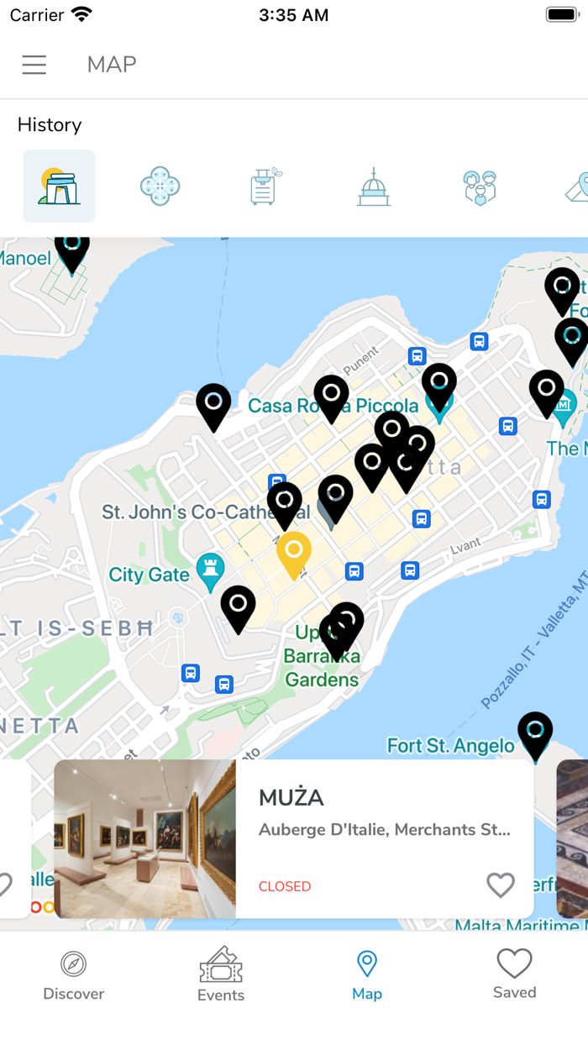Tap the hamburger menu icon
tap(34, 65)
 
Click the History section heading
tap(50, 125)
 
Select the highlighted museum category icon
tap(59, 186)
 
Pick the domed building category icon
tap(373, 186)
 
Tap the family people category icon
tap(480, 186)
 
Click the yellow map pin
tap(294, 553)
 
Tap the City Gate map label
tap(150, 575)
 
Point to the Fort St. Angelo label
tap(450, 746)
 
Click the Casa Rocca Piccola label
tap(333, 407)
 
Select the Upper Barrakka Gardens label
tap(322, 656)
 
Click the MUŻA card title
tap(291, 797)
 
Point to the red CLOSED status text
tap(285, 886)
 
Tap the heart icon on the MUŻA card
tap(501, 885)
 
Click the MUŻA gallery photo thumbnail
tap(144, 839)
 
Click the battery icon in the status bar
tap(561, 15)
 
